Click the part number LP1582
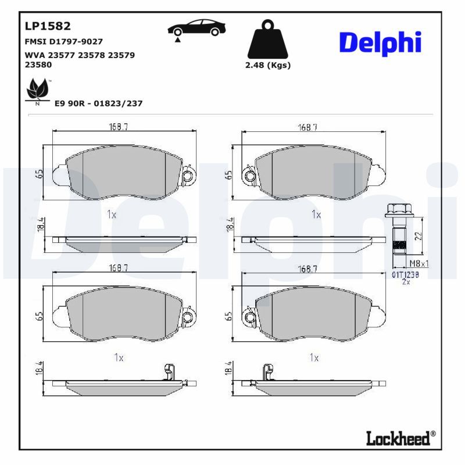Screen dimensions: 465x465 tap(48, 26)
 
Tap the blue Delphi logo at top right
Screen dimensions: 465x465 tap(380, 42)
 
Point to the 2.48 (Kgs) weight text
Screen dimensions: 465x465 tap(268, 65)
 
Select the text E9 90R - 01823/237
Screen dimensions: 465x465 tap(98, 103)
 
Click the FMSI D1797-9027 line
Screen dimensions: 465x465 tap(63, 42)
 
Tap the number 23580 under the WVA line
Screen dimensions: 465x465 tap(38, 65)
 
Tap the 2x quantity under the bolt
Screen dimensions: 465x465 tap(406, 281)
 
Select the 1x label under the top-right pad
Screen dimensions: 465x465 tap(316, 214)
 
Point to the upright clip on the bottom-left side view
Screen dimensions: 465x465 tap(170, 372)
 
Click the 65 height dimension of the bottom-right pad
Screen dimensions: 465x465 tap(229, 316)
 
